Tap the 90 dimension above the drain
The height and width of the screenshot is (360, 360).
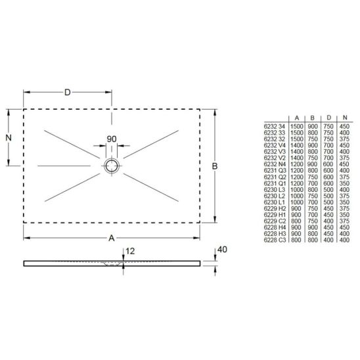pyautogui.click(x=112, y=139)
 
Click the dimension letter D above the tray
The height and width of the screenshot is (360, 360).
pyautogui.click(x=67, y=92)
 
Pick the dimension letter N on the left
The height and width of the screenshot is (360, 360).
pyautogui.click(x=9, y=138)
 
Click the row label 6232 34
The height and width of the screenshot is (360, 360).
pyautogui.click(x=275, y=125)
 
